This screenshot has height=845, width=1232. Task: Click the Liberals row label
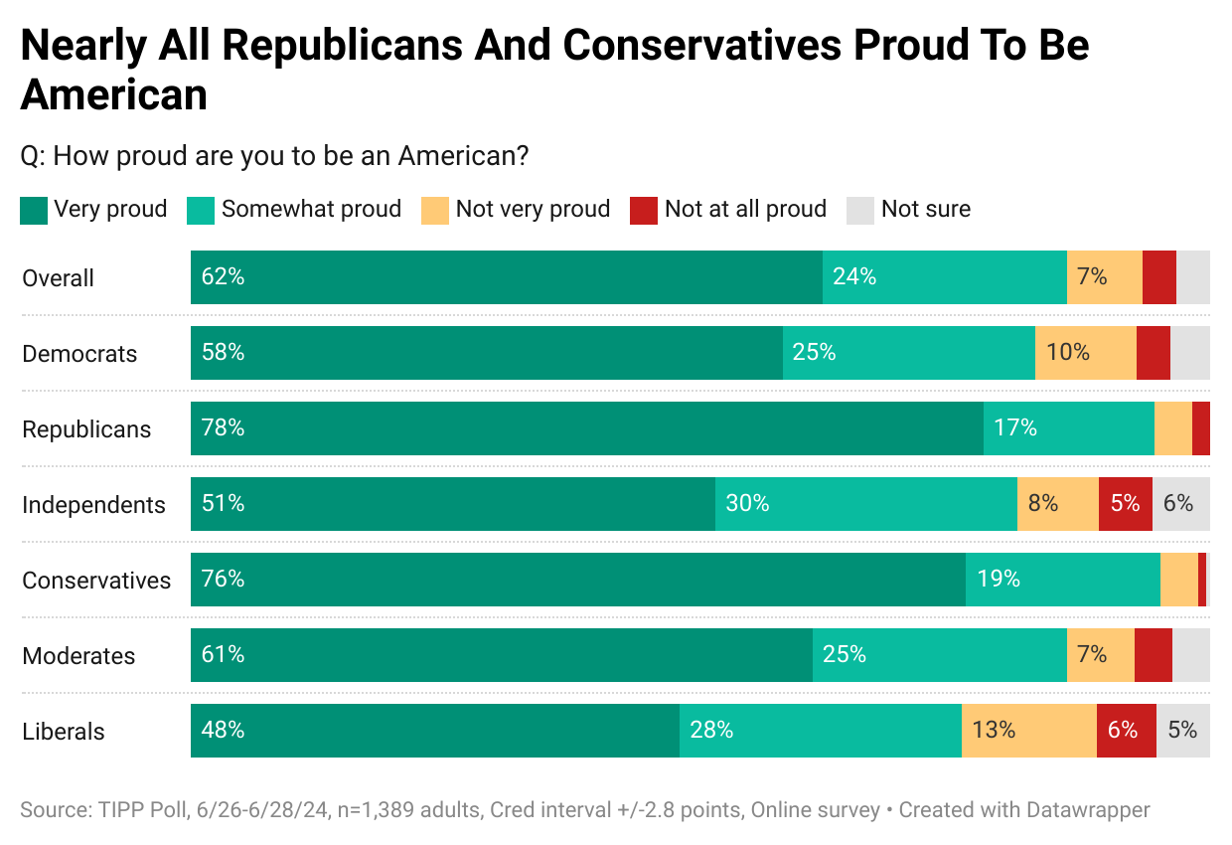tap(64, 732)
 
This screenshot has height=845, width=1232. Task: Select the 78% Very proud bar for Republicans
tap(586, 428)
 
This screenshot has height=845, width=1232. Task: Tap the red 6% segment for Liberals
tap(1126, 731)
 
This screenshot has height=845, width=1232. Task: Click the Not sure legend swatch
tap(860, 210)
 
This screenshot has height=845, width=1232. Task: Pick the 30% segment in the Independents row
tap(865, 504)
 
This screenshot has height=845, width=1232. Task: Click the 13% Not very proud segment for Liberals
tap(1028, 731)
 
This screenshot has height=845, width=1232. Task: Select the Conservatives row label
tap(96, 581)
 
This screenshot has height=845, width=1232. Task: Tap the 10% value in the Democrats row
tap(1068, 352)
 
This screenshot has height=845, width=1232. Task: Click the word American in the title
tap(113, 94)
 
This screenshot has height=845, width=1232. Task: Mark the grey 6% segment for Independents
tap(1180, 504)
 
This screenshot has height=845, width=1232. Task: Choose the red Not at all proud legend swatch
tap(644, 210)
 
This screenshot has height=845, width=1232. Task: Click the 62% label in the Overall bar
tap(223, 276)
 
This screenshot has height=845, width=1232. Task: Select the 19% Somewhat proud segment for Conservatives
tap(1062, 580)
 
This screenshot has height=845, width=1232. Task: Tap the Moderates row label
tap(78, 656)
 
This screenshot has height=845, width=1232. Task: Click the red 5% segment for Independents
tap(1125, 504)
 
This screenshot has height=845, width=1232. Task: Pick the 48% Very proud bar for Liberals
tap(434, 731)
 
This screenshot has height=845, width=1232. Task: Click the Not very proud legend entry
tap(533, 209)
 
